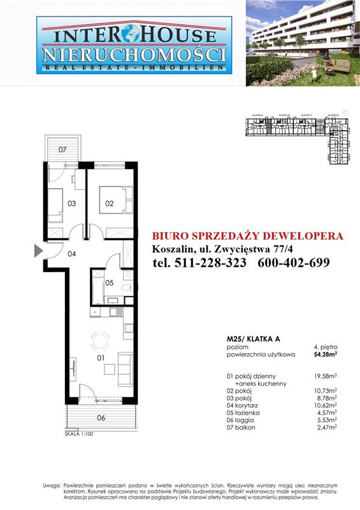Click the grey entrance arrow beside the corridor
coord(38,251)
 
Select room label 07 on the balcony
coord(62,150)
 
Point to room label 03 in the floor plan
coord(72,203)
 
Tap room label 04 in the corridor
coord(72,254)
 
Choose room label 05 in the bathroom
coord(109,282)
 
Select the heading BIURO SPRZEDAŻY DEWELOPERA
coord(249,235)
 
